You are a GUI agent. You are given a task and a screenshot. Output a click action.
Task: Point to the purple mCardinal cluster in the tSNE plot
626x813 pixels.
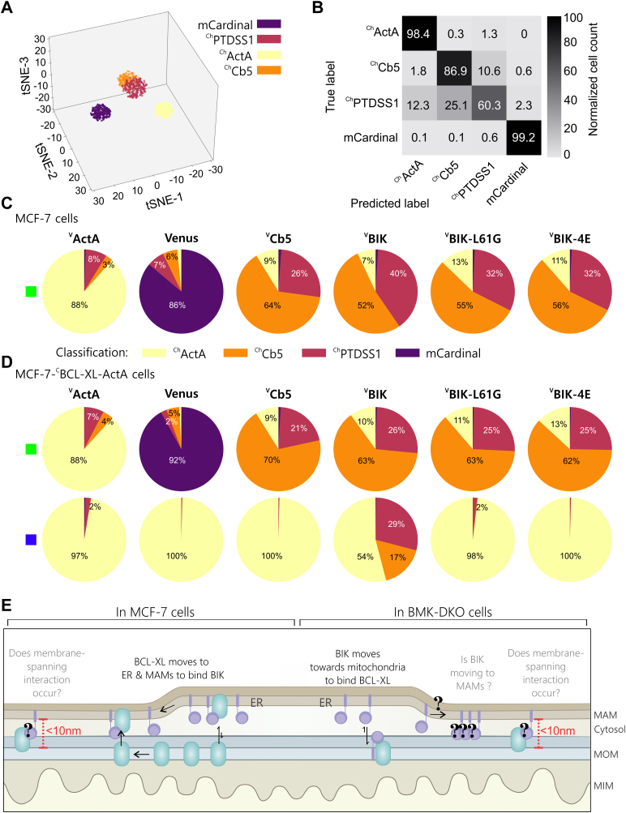pyautogui.click(x=106, y=112)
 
